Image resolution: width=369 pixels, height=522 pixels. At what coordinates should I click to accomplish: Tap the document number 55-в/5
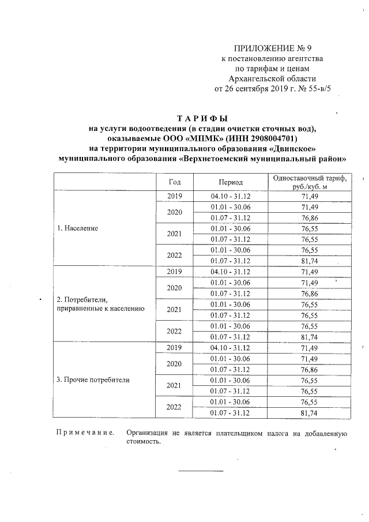(319, 89)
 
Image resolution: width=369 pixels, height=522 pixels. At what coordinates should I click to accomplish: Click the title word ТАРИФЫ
(202, 119)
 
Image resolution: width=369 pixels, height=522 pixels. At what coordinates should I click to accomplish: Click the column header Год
(174, 182)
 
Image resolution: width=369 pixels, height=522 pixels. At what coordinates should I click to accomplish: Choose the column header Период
(231, 182)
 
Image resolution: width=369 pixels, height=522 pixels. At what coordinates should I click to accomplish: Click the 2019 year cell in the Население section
(174, 196)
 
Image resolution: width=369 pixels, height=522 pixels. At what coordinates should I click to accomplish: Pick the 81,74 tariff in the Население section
(310, 261)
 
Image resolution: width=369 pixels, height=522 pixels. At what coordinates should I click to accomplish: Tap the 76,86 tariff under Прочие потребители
(310, 369)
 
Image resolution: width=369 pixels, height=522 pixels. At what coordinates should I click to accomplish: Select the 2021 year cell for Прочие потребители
(174, 385)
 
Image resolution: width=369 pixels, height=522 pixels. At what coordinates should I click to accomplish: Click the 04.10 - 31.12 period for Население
(231, 196)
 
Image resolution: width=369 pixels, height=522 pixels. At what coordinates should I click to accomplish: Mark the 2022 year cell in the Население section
(174, 256)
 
